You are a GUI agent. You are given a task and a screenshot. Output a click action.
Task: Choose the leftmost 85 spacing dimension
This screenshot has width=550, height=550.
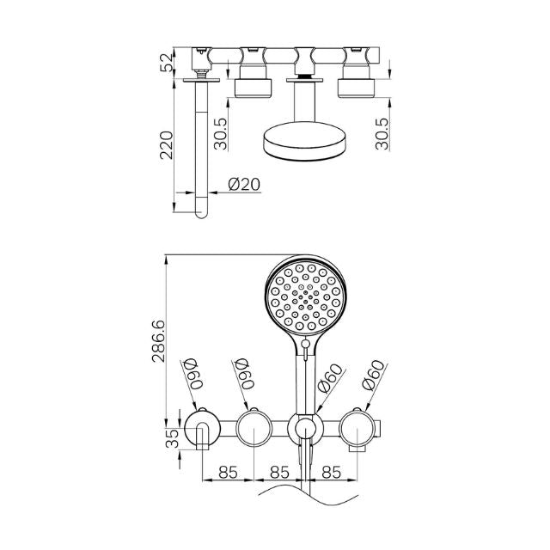228,472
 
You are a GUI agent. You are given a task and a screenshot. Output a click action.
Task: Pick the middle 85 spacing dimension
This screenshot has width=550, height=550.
279,472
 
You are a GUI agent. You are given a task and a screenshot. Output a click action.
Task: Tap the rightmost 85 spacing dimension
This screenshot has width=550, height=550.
332,472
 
